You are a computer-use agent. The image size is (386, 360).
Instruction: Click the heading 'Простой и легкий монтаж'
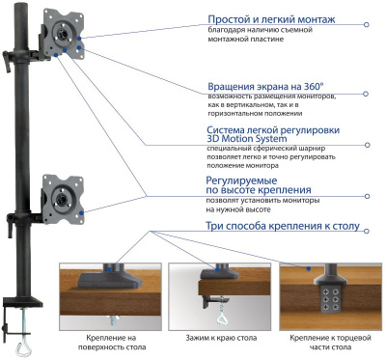pyautogui.click(x=272, y=18)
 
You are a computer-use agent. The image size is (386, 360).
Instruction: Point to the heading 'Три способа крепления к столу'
pyautogui.click(x=283, y=227)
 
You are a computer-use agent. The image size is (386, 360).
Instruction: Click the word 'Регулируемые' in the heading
pyautogui.click(x=237, y=180)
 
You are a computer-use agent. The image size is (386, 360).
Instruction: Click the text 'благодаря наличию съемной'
pyautogui.click(x=256, y=30)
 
